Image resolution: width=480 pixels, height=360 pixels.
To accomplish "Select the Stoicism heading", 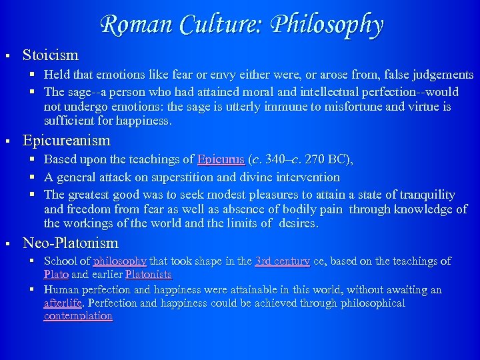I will [x=51, y=55].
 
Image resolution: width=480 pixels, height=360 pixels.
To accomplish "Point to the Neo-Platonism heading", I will [x=71, y=243].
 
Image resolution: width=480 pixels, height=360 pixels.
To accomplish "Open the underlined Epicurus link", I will [x=221, y=160].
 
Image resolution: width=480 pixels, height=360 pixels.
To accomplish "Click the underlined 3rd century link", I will [x=282, y=261].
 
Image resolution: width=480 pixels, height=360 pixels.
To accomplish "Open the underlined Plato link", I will [x=56, y=274].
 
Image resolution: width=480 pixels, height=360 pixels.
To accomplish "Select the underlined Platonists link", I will [x=148, y=274].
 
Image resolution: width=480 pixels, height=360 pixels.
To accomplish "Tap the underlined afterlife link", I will [x=63, y=303].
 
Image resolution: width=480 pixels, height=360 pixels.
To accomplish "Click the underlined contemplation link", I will [x=78, y=316].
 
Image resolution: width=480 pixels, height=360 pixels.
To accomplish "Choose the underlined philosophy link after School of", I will [x=120, y=261].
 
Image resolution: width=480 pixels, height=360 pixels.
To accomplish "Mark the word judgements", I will [x=440, y=75].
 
